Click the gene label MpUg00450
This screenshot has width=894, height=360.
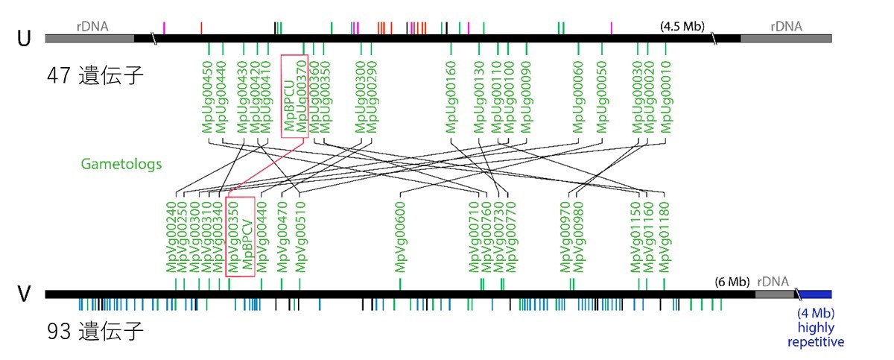pyautogui.click(x=208, y=97)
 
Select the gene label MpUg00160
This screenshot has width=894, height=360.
pyautogui.click(x=451, y=97)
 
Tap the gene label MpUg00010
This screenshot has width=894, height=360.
pyautogui.click(x=666, y=97)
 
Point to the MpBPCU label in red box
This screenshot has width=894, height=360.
pyautogui.click(x=289, y=105)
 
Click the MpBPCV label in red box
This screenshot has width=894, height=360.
pyautogui.click(x=248, y=244)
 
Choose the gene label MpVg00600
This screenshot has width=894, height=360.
pyautogui.click(x=400, y=237)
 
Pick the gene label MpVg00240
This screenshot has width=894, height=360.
pyautogui.click(x=171, y=237)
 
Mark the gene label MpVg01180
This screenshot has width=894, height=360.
pyautogui.click(x=664, y=237)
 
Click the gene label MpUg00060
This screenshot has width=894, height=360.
pyautogui.click(x=578, y=97)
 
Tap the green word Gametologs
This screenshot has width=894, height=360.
pyautogui.click(x=121, y=164)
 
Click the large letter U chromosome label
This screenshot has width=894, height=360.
pyautogui.click(x=24, y=39)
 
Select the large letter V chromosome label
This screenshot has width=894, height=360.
pyautogui.click(x=24, y=294)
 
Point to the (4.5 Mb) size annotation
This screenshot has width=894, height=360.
pyautogui.click(x=682, y=26)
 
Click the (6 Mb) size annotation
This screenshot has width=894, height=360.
pyautogui.click(x=732, y=282)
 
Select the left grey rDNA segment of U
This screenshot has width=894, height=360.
pyautogui.click(x=90, y=38)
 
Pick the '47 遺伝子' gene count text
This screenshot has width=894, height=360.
pyautogui.click(x=95, y=75)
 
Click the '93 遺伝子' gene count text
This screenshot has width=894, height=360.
pyautogui.click(x=95, y=331)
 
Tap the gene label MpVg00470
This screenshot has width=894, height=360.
pyautogui.click(x=282, y=237)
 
